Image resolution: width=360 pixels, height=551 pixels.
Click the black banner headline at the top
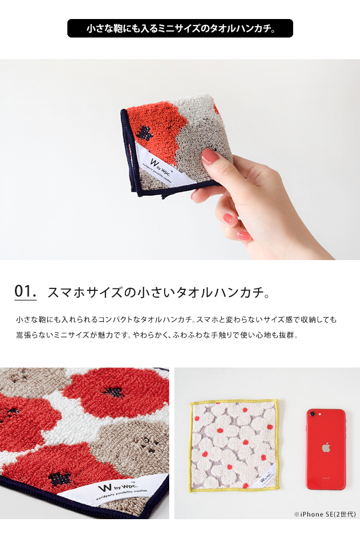pyautogui.click(x=180, y=28)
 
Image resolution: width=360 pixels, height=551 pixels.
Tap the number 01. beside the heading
pyautogui.click(x=25, y=291)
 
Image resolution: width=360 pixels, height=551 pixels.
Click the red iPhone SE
pyautogui.click(x=326, y=449)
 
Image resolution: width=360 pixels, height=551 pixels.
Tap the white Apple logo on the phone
pyautogui.click(x=326, y=447)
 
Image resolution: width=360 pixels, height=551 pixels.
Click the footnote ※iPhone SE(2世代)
pyautogui.click(x=325, y=514)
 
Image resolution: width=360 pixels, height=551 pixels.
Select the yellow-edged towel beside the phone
pyautogui.click(x=235, y=446)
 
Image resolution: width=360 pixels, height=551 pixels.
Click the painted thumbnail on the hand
pyautogui.click(x=210, y=156)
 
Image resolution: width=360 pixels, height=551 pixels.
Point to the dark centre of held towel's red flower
pyautogui.click(x=144, y=133)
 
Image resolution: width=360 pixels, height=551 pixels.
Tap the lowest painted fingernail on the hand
pyautogui.click(x=244, y=236)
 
